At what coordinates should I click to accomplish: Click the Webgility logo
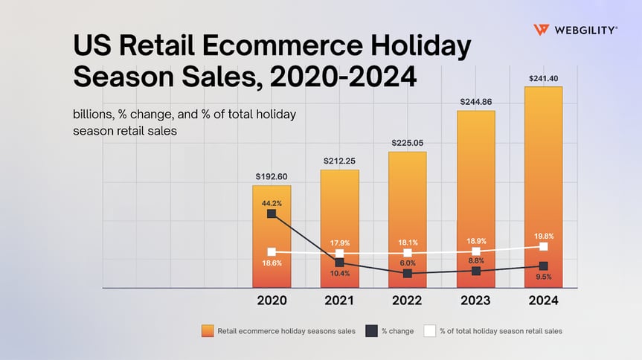(x=574, y=30)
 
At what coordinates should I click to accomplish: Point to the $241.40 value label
(x=543, y=77)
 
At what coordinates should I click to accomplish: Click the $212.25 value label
(x=339, y=161)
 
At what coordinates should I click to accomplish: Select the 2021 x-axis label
(x=339, y=301)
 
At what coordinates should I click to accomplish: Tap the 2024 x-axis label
(x=543, y=301)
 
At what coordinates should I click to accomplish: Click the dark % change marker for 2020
(x=272, y=213)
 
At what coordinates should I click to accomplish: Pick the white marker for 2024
(x=543, y=246)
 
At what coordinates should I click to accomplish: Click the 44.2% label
(x=272, y=202)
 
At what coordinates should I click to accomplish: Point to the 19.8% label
(x=543, y=236)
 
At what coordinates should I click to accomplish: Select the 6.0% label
(x=407, y=263)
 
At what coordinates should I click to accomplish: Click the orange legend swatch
(x=207, y=331)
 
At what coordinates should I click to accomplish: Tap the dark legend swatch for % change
(x=371, y=331)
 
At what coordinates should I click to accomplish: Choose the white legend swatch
(x=429, y=331)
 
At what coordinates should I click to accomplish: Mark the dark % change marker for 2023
(x=475, y=271)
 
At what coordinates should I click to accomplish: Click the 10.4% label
(x=339, y=274)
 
